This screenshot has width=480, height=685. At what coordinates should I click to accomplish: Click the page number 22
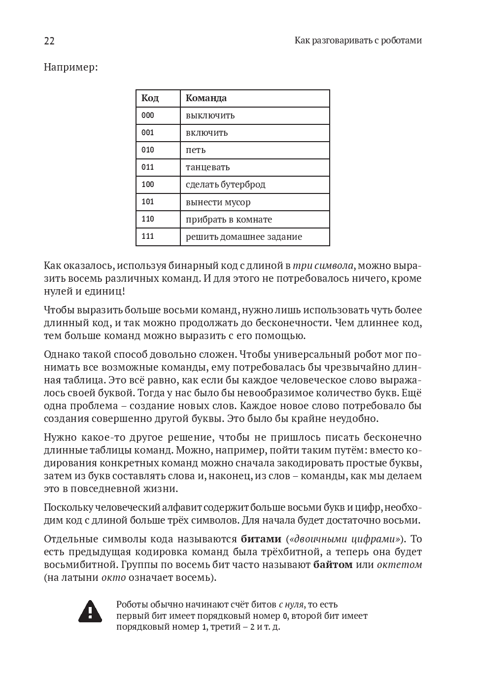pos(49,41)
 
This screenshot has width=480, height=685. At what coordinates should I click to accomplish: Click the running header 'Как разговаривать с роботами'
pos(358,40)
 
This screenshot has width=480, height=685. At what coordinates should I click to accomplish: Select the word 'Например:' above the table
pos(70,67)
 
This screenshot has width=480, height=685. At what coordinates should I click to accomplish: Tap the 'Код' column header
pos(150,98)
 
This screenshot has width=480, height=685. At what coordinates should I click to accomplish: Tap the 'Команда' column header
pos(206,98)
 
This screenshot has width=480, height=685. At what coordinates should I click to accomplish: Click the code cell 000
pos(148,115)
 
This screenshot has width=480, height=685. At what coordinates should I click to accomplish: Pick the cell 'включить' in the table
pos(206,133)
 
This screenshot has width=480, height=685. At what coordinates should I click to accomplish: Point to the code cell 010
pos(148,150)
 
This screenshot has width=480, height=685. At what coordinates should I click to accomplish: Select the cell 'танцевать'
pos(207,167)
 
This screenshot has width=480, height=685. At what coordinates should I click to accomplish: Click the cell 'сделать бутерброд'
pos(225,185)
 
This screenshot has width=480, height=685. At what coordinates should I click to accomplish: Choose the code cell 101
pos(148,202)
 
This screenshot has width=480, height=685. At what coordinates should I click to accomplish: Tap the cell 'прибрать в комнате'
pos(229,220)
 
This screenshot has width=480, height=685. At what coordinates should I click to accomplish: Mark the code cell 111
pos(148,236)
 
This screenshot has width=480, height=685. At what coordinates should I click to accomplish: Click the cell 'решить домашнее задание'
pos(243,237)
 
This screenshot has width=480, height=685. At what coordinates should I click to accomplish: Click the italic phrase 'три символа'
pos(323,266)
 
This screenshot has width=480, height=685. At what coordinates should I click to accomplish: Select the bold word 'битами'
pos(261,538)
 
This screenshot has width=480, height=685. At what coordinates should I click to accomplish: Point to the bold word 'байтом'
pos(333,565)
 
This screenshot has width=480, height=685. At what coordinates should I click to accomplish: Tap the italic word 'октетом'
pos(399,565)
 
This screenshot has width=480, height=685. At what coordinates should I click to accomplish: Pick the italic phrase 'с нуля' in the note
pos(291,605)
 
